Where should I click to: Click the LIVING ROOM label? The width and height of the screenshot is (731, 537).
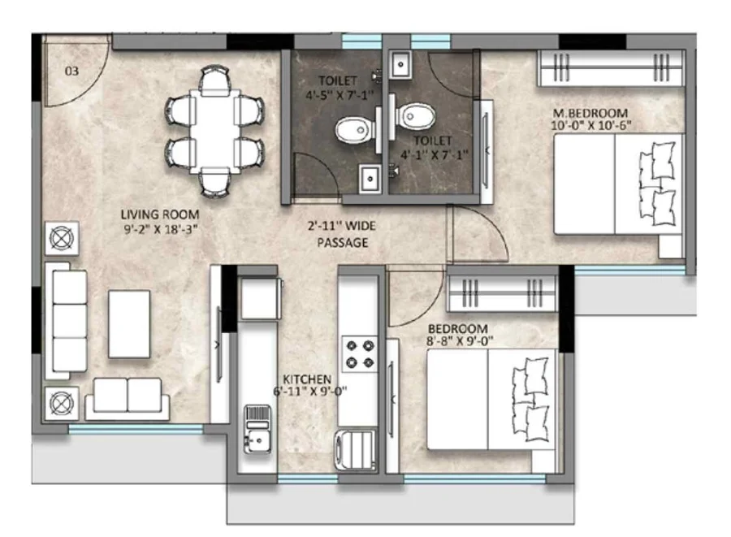tap(160, 214)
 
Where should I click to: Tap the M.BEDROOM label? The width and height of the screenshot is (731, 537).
tap(590, 113)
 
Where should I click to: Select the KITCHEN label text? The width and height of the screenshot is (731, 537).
tap(307, 379)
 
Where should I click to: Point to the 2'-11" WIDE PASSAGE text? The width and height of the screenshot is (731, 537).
tap(342, 234)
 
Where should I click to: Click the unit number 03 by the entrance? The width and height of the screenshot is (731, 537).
tap(71, 71)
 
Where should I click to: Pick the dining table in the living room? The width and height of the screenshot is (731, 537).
tap(214, 131)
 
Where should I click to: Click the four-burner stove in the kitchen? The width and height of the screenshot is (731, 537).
tap(360, 354)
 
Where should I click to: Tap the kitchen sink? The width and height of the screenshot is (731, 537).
tap(257, 429)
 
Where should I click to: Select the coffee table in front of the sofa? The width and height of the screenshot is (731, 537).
tap(129, 324)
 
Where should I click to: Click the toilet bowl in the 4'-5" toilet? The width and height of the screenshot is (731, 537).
tap(354, 131)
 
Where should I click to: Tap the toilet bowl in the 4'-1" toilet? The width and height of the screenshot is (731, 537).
tap(416, 116)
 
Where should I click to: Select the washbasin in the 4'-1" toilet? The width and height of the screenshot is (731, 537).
tap(400, 64)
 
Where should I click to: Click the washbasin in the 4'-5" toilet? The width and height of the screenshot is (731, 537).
tap(370, 178)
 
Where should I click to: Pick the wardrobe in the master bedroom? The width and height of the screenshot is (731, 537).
tap(611, 68)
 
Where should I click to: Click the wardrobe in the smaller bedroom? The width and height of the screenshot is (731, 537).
tap(502, 293)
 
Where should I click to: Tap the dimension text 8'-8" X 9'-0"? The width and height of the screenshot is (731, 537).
tap(460, 340)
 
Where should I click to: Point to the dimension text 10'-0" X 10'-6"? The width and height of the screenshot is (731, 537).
tap(591, 125)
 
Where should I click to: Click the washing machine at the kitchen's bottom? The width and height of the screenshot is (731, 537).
tap(355, 449)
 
